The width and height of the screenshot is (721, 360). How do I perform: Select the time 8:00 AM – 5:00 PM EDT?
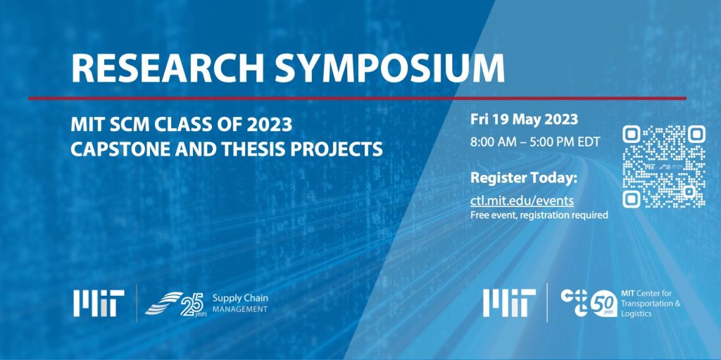(x=535, y=142)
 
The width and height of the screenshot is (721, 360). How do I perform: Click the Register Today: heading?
(x=523, y=177)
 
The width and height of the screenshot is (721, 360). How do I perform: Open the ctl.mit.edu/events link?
(x=522, y=201)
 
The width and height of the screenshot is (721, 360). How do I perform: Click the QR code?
(x=664, y=167)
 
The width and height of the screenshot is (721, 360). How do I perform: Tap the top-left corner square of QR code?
(x=632, y=135)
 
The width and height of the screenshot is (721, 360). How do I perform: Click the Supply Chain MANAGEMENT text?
(x=239, y=304)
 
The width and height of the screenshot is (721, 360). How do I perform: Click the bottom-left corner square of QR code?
(x=632, y=199)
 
